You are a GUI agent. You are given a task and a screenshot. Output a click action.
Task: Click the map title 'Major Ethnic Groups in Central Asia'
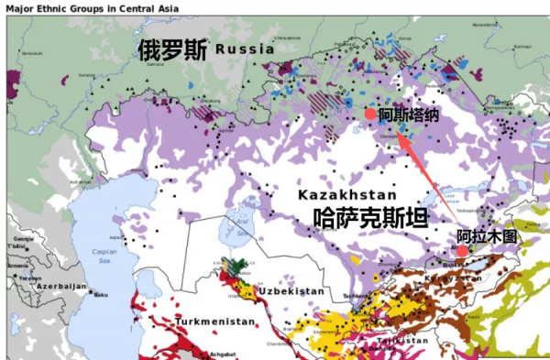pos(93,8)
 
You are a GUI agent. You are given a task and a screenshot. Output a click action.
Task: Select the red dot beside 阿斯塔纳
pos(369,115)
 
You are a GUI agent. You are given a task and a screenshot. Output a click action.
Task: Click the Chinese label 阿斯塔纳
pos(409,115)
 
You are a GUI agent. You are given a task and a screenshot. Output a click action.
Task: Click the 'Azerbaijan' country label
pos(60,287)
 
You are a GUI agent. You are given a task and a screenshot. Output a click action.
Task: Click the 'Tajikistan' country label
pos(400,340)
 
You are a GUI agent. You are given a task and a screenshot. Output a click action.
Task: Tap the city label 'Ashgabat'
pos(225,354)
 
